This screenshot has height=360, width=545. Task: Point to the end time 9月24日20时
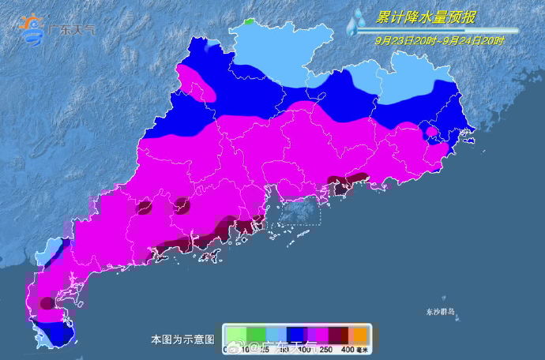(x=466, y=39)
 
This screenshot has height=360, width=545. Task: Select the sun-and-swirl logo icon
(x=32, y=28)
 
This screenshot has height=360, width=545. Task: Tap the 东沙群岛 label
(x=438, y=313)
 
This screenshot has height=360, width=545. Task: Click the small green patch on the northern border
(x=251, y=22)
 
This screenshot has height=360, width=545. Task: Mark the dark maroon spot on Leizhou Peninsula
(x=47, y=302)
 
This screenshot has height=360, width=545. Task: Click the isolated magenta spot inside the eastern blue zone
(x=431, y=132)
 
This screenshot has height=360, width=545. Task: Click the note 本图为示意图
(x=182, y=339)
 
